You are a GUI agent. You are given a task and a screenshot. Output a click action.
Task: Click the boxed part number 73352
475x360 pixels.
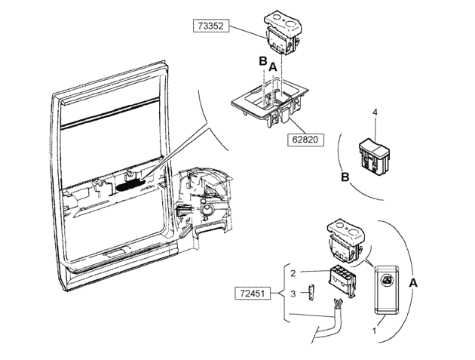coord(211,26)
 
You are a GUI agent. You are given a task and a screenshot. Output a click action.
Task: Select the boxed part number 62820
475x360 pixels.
coord(305,140)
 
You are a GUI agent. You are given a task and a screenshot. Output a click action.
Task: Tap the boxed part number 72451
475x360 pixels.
coord(253,294)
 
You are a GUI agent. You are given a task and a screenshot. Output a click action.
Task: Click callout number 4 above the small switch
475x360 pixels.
coord(375,112)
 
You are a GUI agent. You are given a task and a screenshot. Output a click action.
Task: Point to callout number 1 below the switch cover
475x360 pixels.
coord(374,331)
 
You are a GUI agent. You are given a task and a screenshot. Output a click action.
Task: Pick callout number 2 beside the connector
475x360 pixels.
coord(293,273)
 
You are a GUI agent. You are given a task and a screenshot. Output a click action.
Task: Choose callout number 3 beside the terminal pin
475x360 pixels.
coord(293,294)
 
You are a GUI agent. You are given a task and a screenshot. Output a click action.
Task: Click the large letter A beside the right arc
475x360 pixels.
coord(413,283)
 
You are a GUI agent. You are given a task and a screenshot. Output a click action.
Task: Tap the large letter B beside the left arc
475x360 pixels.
coord(345,177)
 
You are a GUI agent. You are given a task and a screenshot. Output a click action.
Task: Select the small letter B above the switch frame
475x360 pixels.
coord(262,61)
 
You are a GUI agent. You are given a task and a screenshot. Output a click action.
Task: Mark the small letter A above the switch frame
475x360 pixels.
coord(273,67)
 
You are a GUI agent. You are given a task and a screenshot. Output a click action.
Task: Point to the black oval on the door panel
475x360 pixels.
coord(131,185)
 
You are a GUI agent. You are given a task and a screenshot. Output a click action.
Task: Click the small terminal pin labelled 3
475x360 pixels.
coord(311,293)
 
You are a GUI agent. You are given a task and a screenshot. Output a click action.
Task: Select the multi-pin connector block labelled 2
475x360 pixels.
coord(342,281)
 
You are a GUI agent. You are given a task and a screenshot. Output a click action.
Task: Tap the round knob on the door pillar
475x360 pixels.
coord(207,210)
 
